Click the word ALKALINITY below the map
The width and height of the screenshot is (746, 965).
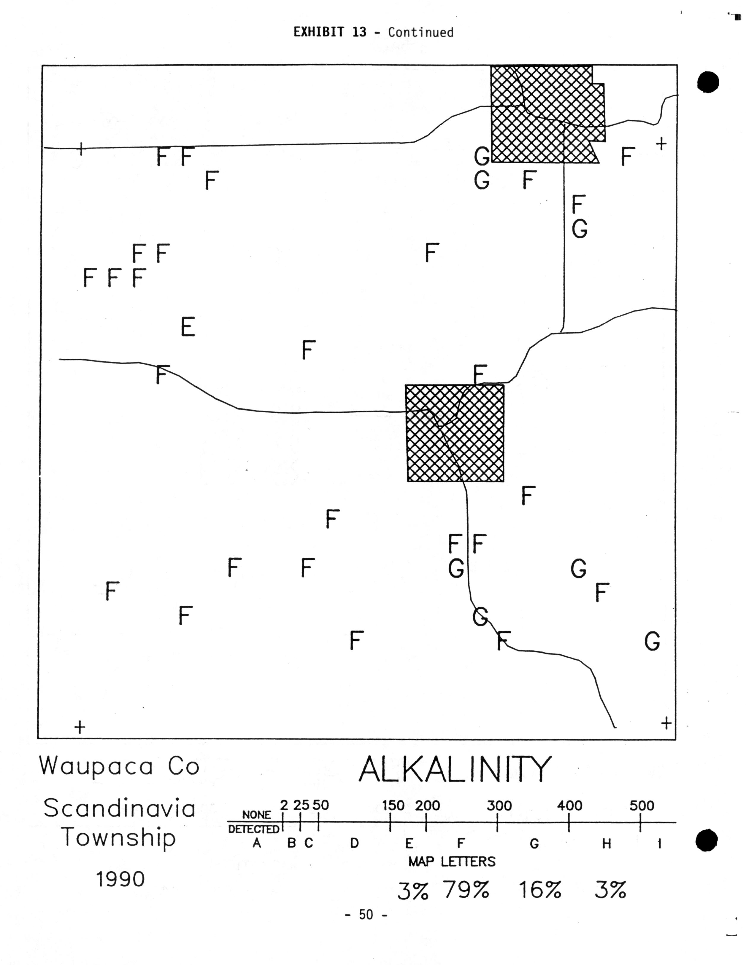point(455,769)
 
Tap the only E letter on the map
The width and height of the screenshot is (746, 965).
point(188,327)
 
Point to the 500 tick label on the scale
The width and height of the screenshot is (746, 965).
point(642,806)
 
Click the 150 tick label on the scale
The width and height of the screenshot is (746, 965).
point(393,806)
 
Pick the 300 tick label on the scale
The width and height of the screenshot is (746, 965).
point(499,806)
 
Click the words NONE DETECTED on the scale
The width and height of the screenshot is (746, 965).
point(254,822)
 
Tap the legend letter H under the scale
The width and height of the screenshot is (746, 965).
point(606,844)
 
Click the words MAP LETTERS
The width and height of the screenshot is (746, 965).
point(452,862)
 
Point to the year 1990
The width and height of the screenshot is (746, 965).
point(120,879)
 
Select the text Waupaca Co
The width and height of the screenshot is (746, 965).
point(119,766)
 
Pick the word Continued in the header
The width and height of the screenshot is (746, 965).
point(420,32)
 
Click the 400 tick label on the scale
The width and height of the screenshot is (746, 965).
point(569,806)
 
